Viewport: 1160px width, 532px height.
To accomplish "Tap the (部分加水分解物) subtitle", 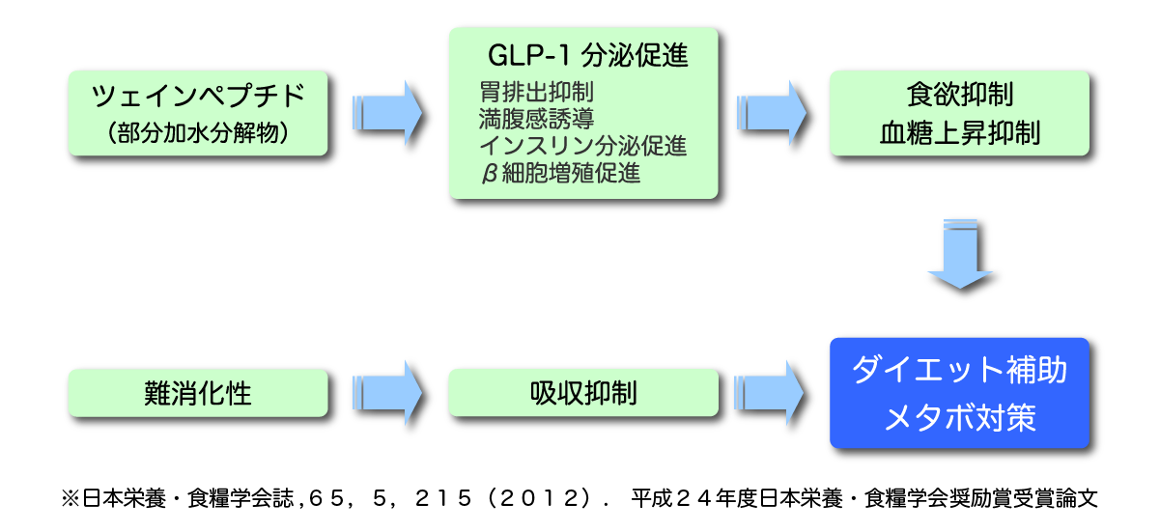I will tap(199, 132).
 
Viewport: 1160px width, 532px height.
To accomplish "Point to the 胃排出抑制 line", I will tap(536, 94).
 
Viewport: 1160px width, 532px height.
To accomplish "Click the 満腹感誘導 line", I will tap(536, 120).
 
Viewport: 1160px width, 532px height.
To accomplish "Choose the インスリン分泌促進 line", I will tap(582, 147).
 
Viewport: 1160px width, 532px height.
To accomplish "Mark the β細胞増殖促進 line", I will tap(559, 174).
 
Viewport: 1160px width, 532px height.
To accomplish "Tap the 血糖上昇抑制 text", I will tap(959, 133).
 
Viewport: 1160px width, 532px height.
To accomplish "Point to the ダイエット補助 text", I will tap(959, 371).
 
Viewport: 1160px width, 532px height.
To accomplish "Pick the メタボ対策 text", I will tap(959, 418).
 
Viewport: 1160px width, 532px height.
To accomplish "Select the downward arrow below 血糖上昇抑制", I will tap(960, 254).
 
